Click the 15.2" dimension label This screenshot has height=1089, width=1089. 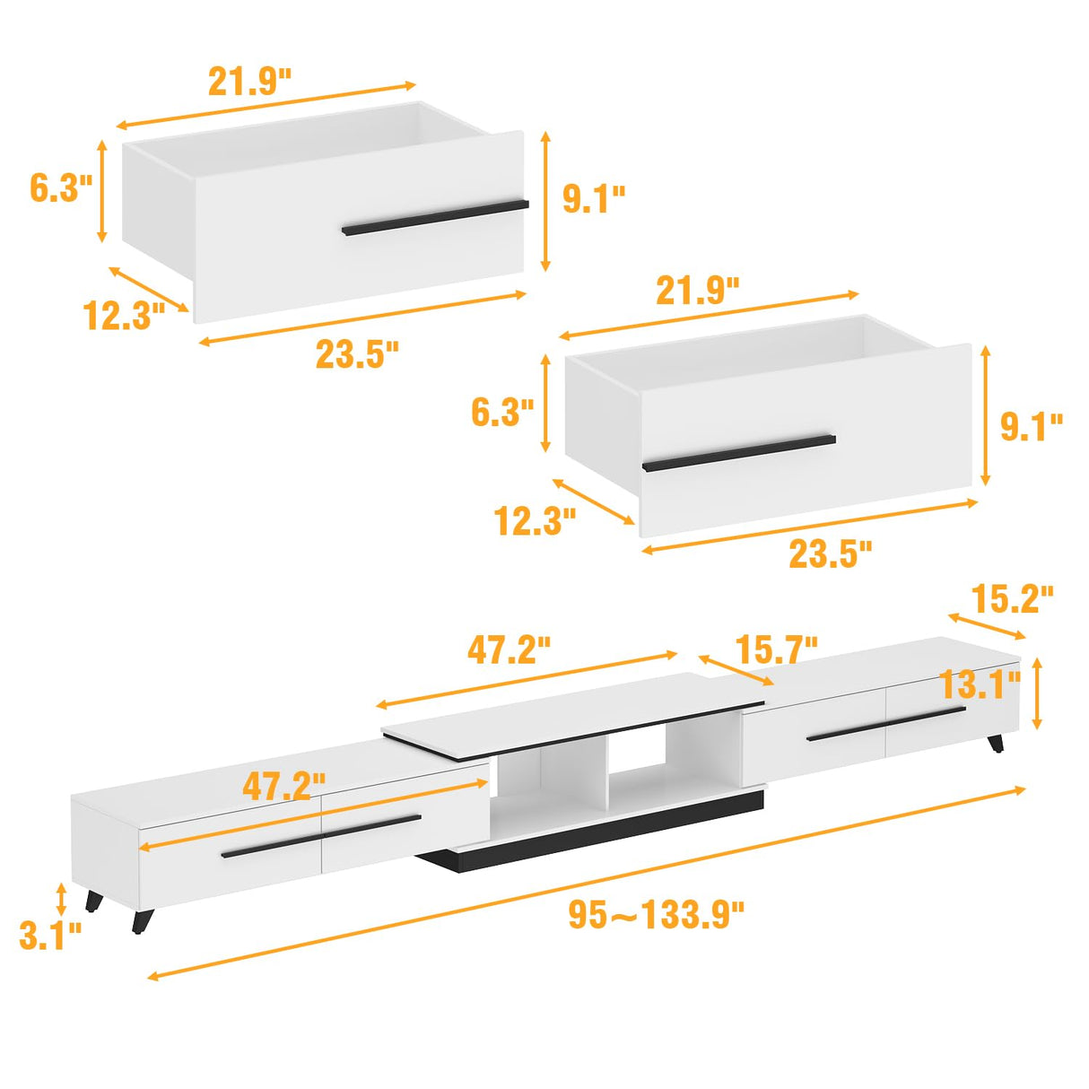click(1012, 600)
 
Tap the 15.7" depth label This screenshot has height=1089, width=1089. click(776, 650)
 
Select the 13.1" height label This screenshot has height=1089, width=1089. click(980, 685)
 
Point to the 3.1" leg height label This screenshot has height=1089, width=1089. click(50, 936)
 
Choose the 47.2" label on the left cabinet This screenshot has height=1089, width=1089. click(284, 786)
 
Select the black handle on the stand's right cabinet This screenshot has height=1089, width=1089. click(886, 723)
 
